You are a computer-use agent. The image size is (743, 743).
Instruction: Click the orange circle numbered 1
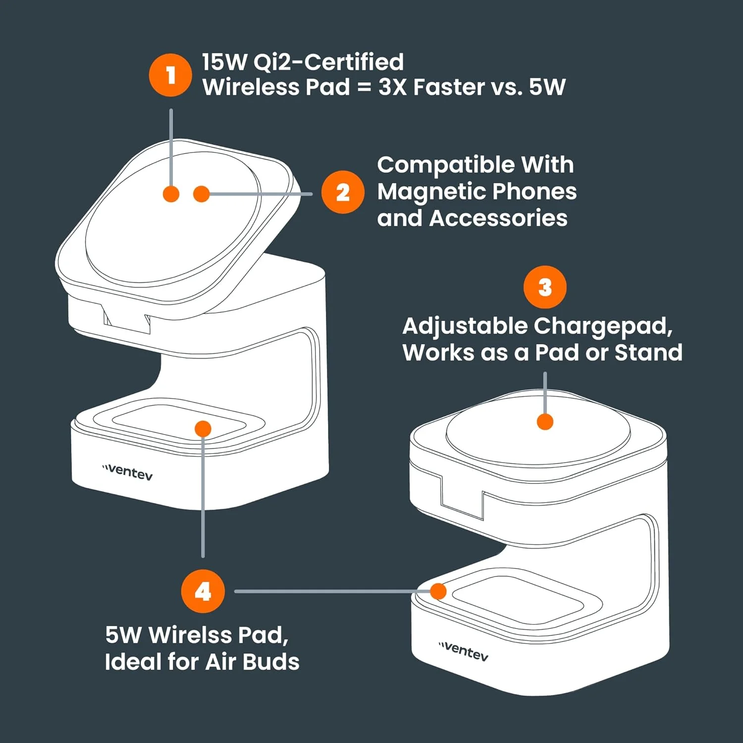point(170,75)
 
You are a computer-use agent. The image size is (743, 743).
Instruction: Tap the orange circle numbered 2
point(343,192)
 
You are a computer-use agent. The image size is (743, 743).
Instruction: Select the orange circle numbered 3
point(545,287)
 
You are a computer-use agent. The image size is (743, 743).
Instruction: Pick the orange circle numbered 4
point(203,591)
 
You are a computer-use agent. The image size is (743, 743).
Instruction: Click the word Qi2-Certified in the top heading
point(328,62)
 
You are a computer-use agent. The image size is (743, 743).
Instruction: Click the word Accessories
point(498,218)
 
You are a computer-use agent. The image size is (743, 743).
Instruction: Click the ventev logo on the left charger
point(127,472)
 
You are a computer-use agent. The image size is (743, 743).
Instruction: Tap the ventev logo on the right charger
point(464,651)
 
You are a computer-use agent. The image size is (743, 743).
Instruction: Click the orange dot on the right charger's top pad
point(545,422)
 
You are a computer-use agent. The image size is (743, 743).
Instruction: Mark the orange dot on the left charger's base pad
point(203,428)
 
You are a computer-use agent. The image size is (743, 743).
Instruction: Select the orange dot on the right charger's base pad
point(438,591)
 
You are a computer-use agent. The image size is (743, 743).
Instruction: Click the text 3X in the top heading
point(392,87)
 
